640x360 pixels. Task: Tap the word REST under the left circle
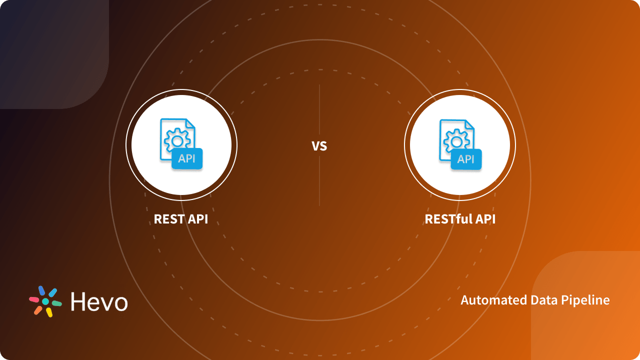(x=169, y=219)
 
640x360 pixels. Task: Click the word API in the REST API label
(x=198, y=219)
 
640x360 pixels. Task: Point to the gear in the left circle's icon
(x=176, y=140)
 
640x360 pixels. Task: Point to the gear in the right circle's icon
(x=456, y=140)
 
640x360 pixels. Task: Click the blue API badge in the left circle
(x=187, y=159)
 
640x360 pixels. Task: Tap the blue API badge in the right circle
(x=466, y=159)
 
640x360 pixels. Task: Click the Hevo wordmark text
(x=99, y=301)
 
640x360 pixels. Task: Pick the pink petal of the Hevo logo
(x=34, y=299)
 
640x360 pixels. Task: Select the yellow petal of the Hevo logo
(x=49, y=312)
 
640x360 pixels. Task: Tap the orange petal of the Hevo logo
(x=38, y=310)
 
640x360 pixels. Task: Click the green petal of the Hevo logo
(x=57, y=303)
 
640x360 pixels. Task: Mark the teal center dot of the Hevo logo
(x=45, y=301)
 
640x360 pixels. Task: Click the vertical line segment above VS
(x=319, y=110)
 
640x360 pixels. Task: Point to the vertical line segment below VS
(x=319, y=182)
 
